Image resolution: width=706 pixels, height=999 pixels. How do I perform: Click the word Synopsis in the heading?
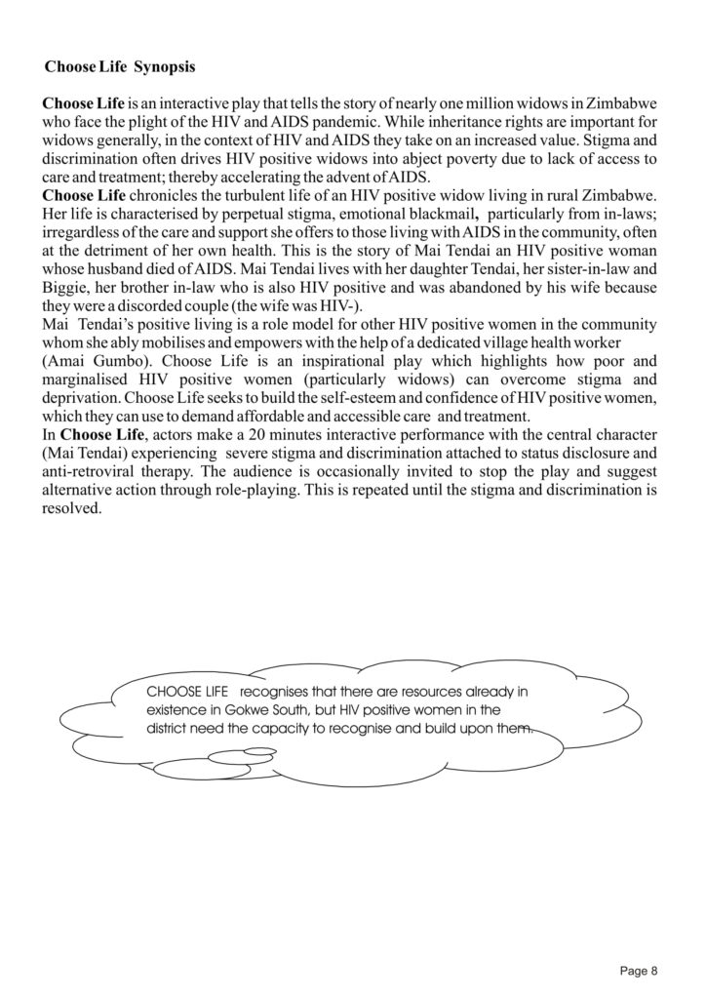pos(165,67)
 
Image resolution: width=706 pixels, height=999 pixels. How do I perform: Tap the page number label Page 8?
pos(639,971)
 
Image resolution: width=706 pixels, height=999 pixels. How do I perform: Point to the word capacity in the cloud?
pos(277,729)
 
